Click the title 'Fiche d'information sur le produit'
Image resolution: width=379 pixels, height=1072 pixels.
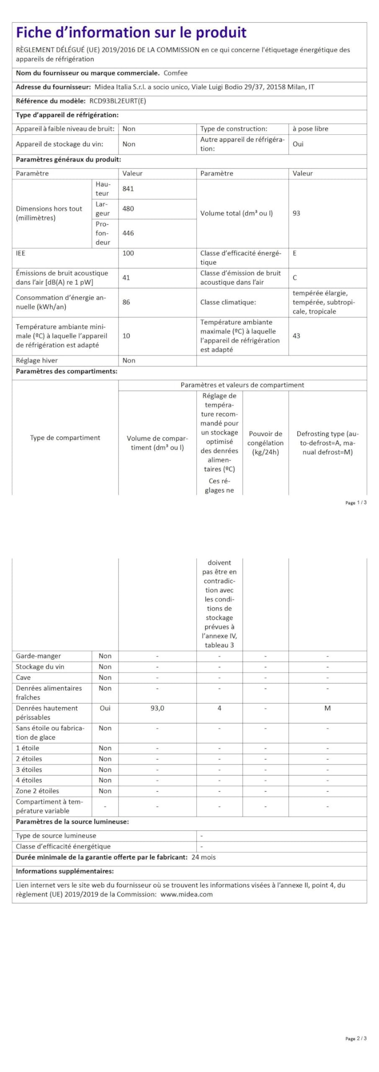tap(131, 33)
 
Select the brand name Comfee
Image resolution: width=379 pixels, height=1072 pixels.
tap(175, 73)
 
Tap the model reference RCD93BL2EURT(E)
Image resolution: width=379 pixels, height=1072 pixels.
tap(118, 101)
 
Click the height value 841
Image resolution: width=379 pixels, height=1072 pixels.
tap(128, 189)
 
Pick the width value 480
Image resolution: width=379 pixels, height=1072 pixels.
tap(128, 209)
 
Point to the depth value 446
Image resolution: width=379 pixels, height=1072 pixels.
tap(128, 233)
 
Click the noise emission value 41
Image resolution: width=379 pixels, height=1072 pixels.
tap(126, 278)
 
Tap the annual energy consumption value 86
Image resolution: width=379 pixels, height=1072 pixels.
tap(126, 302)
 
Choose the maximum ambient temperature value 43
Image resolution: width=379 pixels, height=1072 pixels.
tap(296, 336)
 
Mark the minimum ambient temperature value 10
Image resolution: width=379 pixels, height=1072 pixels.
tap(126, 336)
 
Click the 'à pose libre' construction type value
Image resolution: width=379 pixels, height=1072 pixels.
tap(310, 129)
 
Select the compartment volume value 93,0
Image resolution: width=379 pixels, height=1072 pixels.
tap(157, 708)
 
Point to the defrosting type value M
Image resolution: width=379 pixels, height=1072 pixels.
tap(327, 708)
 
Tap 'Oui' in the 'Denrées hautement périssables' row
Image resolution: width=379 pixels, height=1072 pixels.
tap(105, 708)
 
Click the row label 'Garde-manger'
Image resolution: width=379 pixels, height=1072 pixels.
tap(38, 656)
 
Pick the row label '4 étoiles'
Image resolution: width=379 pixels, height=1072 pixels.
tap(29, 780)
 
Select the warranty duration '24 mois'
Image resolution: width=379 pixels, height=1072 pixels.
tap(204, 857)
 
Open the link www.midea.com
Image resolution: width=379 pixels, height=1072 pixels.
tap(186, 894)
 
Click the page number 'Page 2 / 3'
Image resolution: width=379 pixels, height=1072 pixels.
tap(356, 1038)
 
